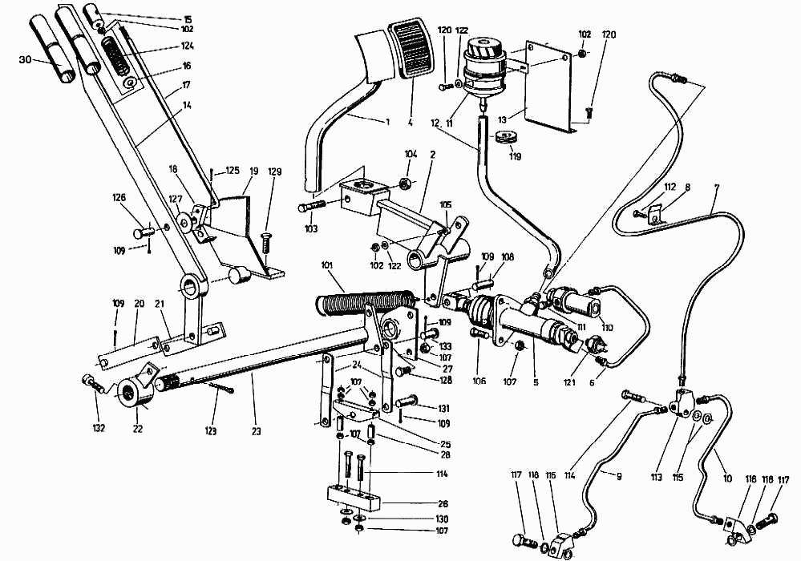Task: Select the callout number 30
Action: point(26,59)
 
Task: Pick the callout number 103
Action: point(311,229)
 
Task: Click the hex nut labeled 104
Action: point(405,184)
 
